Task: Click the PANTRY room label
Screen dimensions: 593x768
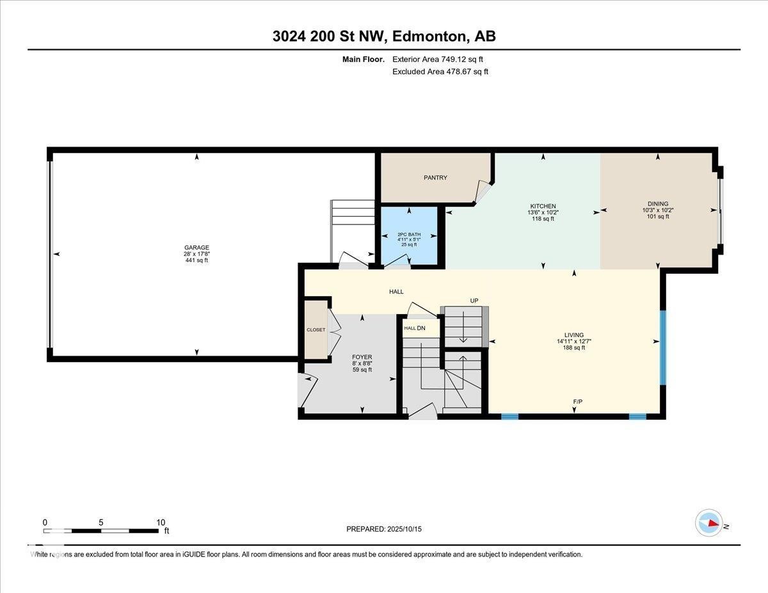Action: (435, 178)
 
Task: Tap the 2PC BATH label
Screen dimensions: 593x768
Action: (409, 235)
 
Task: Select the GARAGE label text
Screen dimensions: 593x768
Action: (196, 248)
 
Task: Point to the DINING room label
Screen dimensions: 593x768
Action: (655, 203)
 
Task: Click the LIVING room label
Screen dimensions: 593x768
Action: (573, 335)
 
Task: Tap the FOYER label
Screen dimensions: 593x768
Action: (362, 357)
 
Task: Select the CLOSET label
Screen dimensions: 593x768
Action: (316, 330)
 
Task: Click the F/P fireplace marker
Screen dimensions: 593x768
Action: (577, 402)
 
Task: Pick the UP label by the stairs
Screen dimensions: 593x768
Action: (474, 301)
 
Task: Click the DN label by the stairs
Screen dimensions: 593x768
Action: (421, 328)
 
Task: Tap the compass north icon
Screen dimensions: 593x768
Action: (709, 523)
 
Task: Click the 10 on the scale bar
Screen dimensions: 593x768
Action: (160, 522)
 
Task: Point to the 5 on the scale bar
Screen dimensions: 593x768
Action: (101, 522)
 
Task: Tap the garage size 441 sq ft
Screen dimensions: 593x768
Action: (196, 260)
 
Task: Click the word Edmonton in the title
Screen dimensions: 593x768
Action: (428, 36)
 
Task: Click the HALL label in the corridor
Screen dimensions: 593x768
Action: (397, 292)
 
